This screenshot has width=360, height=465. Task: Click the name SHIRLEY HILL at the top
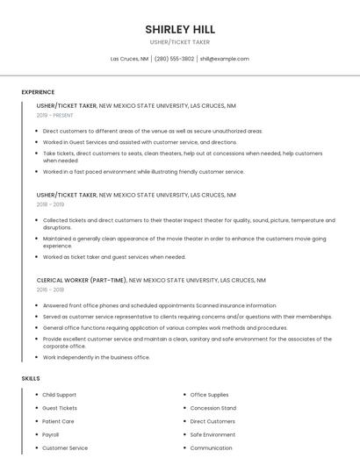[x=179, y=29]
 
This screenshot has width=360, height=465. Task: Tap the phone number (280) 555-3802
[x=174, y=59]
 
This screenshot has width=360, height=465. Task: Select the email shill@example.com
[x=224, y=59]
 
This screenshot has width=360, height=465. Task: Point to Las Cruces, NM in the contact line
[x=129, y=59]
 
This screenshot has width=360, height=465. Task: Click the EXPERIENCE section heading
[x=38, y=92]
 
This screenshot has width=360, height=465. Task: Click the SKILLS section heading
[x=31, y=378]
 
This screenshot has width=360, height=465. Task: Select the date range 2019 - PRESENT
[x=54, y=115]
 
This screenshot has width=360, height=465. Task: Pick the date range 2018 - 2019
[x=50, y=204]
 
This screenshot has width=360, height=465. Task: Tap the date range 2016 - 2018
[x=50, y=289]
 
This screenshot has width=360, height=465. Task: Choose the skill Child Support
[x=59, y=395]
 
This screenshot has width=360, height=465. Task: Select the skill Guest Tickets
[x=60, y=408]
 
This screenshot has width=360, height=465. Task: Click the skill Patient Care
[x=58, y=421]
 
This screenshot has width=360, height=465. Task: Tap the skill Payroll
[x=51, y=434]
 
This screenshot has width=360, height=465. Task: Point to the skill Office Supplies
[x=209, y=395]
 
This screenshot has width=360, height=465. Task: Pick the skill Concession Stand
[x=212, y=408]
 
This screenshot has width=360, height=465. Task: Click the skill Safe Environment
[x=212, y=434]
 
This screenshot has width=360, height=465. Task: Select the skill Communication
[x=211, y=448]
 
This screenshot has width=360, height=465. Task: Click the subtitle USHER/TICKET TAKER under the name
[x=179, y=42]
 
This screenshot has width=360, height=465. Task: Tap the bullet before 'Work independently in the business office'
[x=37, y=358]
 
